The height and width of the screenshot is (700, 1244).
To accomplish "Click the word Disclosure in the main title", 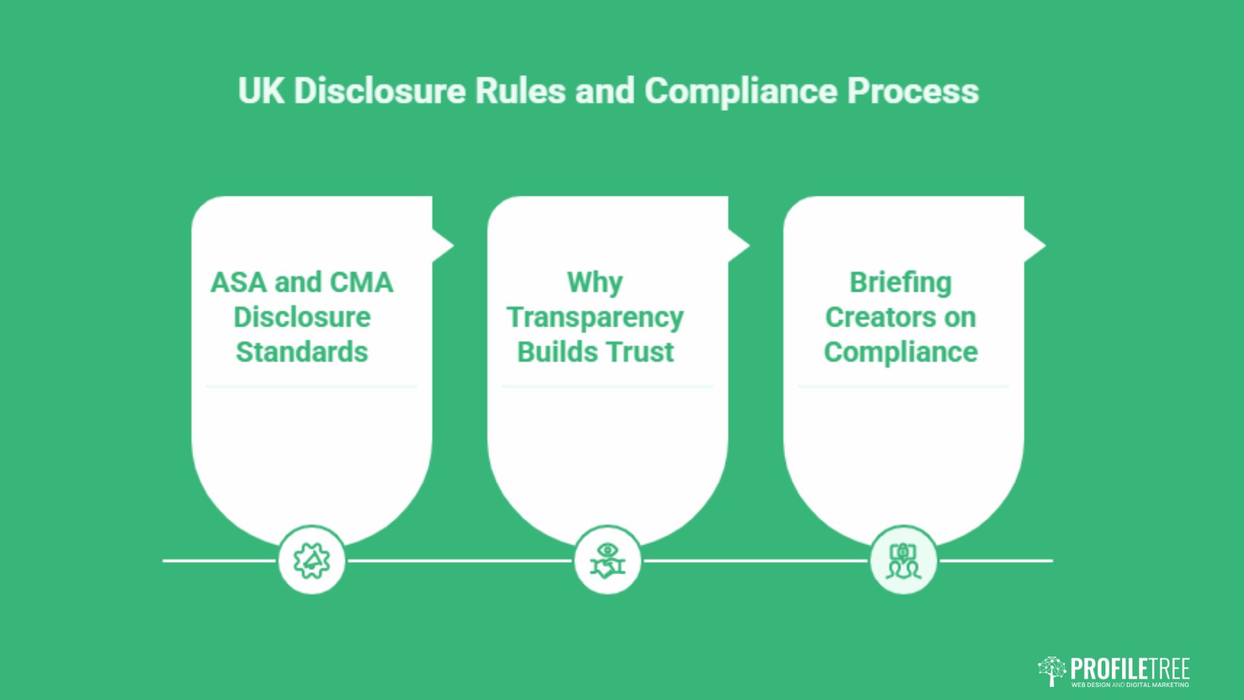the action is coord(380,91).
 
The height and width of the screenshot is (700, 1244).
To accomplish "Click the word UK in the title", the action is coord(261,91).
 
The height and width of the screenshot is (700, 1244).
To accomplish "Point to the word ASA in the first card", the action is coord(238,283).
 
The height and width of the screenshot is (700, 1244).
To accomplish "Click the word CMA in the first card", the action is coord(361,283).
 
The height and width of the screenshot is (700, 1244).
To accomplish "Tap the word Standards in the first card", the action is coord(302,352).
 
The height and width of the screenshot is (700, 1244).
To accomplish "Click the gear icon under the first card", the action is coord(312,561).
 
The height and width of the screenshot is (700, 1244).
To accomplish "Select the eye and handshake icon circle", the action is coord(607,560).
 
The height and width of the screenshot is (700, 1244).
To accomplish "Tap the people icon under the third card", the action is coord(903,561).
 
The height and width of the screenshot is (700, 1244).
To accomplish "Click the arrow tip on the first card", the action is coord(454,246).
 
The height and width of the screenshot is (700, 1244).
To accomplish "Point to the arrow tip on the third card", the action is coord(1045,246).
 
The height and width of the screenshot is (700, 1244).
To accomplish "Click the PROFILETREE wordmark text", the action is coord(1130,669).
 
